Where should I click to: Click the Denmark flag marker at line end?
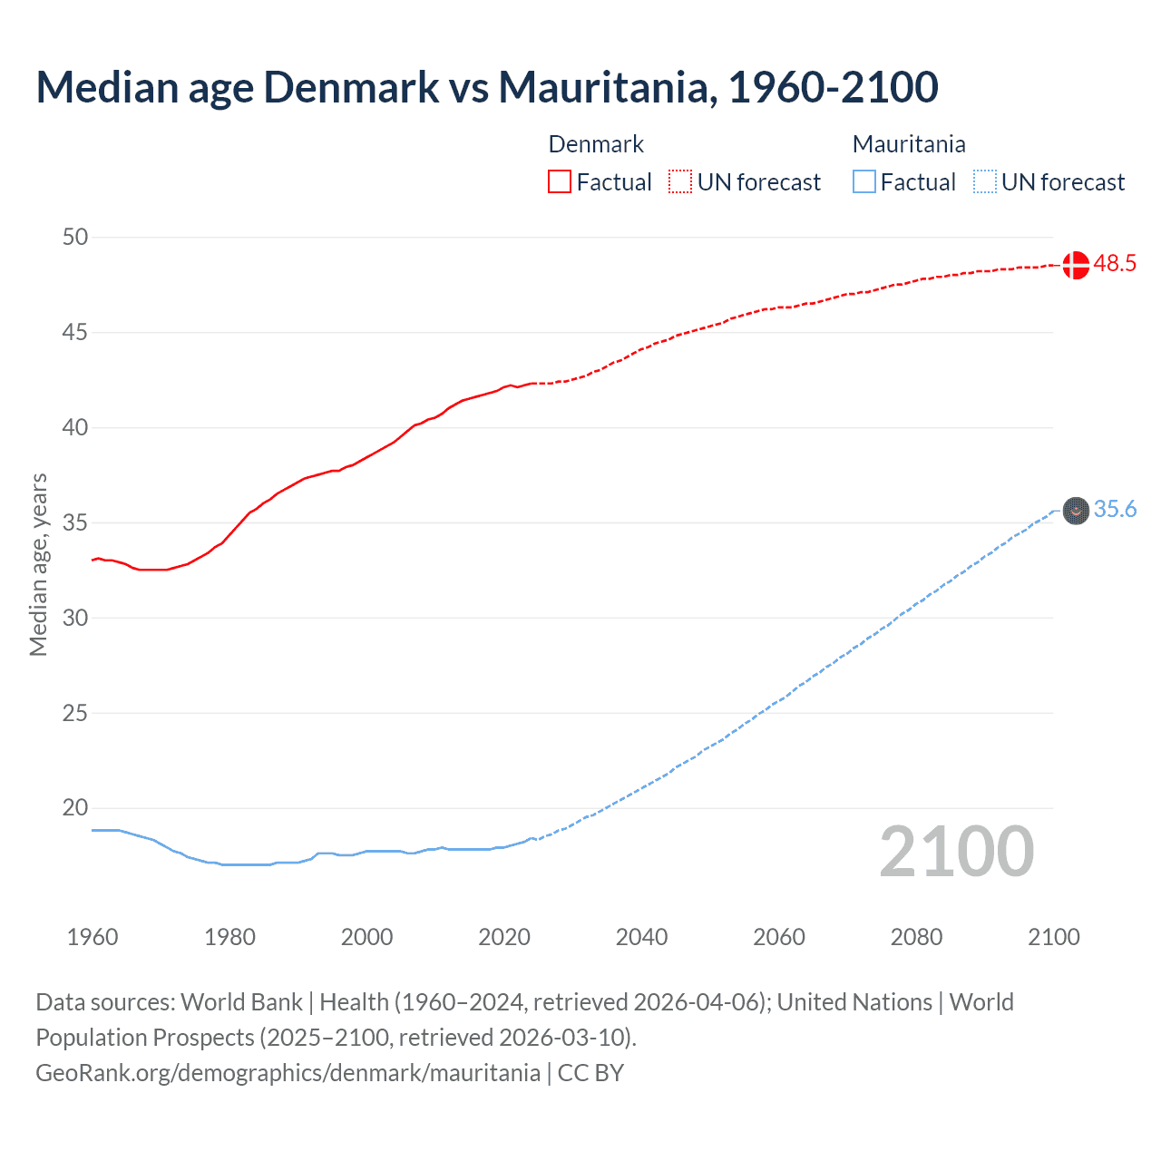point(1075,265)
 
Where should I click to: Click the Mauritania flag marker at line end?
point(1075,511)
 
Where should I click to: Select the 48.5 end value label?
point(1115,264)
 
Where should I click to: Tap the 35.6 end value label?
point(1115,510)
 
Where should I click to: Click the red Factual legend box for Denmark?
point(560,182)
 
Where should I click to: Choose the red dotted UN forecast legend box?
point(680,182)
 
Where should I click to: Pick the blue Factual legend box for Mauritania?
point(863,182)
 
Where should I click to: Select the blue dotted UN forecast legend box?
point(984,182)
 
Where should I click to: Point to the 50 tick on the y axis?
point(75,238)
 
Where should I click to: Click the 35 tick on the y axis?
point(75,523)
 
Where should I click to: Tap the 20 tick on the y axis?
point(75,808)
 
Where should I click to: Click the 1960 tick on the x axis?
point(93,938)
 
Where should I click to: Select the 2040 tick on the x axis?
point(641,938)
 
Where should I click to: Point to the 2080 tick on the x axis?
point(916,938)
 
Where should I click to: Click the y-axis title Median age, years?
point(38,564)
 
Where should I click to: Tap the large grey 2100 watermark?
point(956,852)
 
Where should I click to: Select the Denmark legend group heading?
point(596,144)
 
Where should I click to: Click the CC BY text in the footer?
point(590,1073)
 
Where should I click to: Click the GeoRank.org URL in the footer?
point(288,1073)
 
